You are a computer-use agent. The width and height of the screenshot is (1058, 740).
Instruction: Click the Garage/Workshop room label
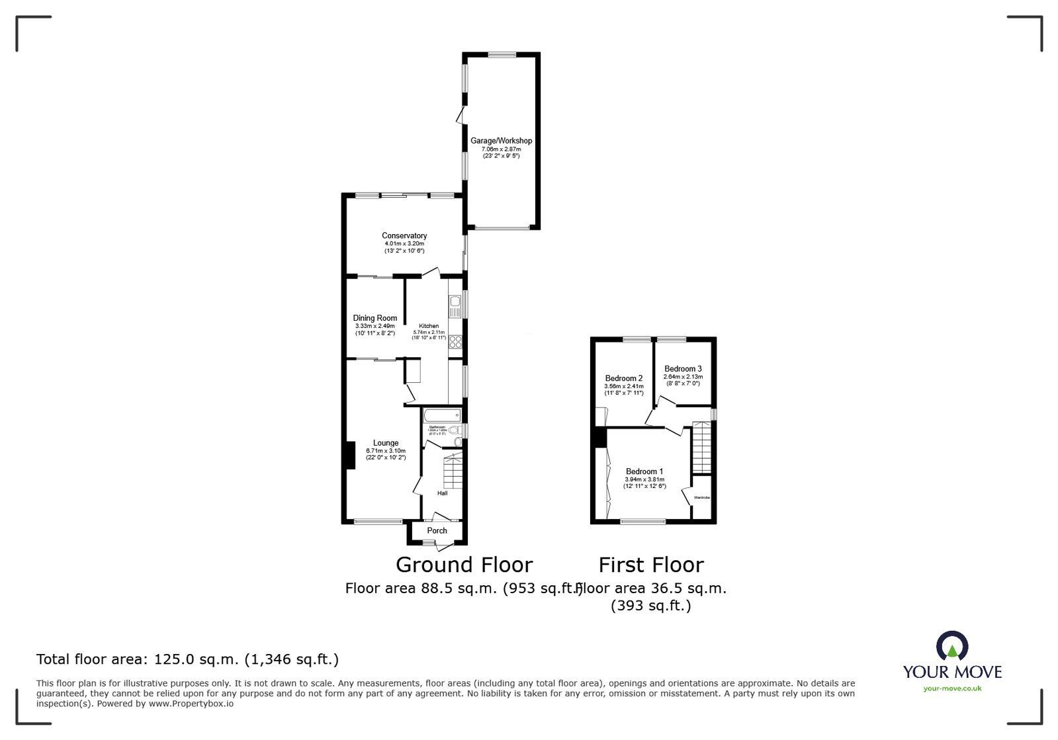(x=501, y=141)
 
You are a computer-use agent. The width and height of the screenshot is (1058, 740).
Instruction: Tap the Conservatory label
(x=404, y=235)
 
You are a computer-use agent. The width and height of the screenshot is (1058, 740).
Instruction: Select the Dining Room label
(x=375, y=318)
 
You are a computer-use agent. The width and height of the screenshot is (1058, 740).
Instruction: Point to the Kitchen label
(x=429, y=326)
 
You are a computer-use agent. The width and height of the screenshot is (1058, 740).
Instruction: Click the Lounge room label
(x=385, y=443)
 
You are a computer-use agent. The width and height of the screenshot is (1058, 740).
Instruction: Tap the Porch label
(x=437, y=530)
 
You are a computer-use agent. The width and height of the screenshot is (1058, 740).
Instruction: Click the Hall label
(x=442, y=493)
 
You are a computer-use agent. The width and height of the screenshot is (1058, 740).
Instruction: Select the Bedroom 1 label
(x=644, y=472)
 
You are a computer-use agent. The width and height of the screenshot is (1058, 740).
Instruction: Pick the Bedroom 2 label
(x=623, y=378)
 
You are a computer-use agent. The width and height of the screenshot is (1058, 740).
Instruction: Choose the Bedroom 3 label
(x=683, y=369)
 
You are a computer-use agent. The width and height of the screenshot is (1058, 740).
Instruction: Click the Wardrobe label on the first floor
(x=701, y=497)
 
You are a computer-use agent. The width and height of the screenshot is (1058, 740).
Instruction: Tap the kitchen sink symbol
(x=455, y=306)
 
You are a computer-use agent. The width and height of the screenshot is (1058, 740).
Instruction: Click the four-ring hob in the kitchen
(x=455, y=341)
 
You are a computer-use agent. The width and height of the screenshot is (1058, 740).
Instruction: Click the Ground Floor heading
(x=464, y=565)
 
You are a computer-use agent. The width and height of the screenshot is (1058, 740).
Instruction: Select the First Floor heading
(x=651, y=565)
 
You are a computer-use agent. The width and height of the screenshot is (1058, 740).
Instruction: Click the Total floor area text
(x=187, y=659)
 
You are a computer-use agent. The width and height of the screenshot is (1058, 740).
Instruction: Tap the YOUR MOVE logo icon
(x=952, y=646)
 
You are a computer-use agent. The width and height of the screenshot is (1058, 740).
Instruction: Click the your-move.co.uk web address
(x=952, y=688)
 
